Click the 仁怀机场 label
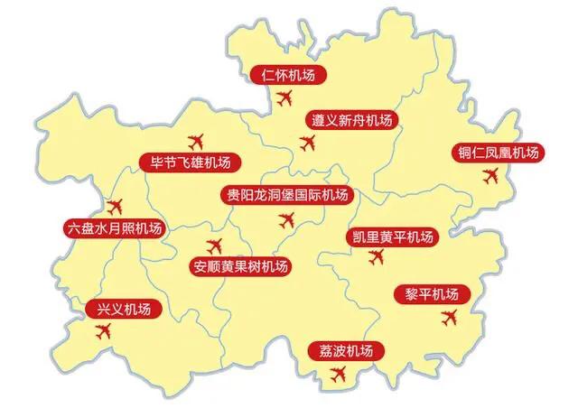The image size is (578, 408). [x=288, y=75]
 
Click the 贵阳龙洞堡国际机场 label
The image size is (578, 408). [x=286, y=195]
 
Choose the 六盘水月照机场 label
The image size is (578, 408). [x=114, y=228]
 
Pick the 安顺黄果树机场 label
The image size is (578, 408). [x=241, y=266]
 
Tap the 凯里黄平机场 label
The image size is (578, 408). [x=391, y=237]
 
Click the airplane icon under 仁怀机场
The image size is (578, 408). [x=286, y=97]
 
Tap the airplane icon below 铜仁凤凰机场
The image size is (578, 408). [x=490, y=178]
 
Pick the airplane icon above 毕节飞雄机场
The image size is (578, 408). [x=197, y=141]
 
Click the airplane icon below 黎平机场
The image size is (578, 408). [x=449, y=318]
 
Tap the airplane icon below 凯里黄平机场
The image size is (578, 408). [x=378, y=258]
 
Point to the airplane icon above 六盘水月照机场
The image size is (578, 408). [x=113, y=206]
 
